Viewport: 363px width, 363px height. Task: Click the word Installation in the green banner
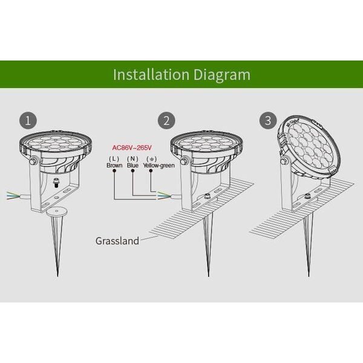[151, 74]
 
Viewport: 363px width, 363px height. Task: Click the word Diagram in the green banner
[222, 76]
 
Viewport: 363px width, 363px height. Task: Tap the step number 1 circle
[28, 120]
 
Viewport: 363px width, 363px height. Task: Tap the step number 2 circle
[166, 120]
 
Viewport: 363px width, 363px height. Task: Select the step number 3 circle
[268, 120]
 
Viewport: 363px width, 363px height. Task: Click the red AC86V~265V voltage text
[132, 148]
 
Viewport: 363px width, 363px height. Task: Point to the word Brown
[114, 165]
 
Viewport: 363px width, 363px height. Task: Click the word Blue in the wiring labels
[132, 165]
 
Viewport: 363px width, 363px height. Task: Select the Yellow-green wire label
[159, 166]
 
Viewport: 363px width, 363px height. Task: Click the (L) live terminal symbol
[114, 159]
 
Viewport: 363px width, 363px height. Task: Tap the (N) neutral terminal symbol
[132, 159]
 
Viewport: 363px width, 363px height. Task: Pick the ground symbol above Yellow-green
[152, 159]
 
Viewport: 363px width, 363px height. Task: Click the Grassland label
[117, 241]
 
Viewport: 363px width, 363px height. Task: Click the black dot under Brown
[114, 171]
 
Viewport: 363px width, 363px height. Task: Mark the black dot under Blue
[132, 171]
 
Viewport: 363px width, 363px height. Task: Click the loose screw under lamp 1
[56, 183]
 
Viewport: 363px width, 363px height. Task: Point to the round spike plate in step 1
[57, 211]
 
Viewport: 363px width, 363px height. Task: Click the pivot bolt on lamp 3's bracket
[284, 160]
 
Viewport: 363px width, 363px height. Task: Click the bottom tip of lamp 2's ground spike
[208, 276]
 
